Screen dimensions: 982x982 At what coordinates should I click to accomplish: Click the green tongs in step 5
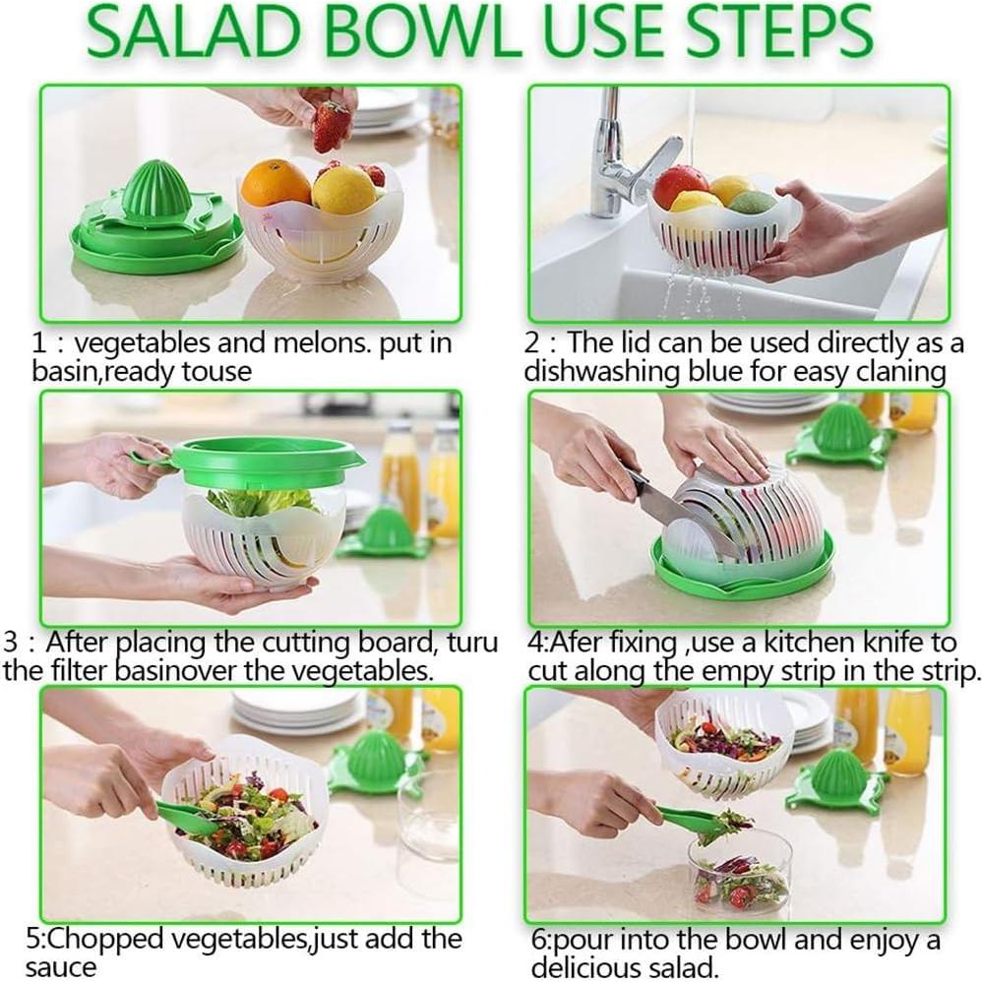click(x=187, y=816)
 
